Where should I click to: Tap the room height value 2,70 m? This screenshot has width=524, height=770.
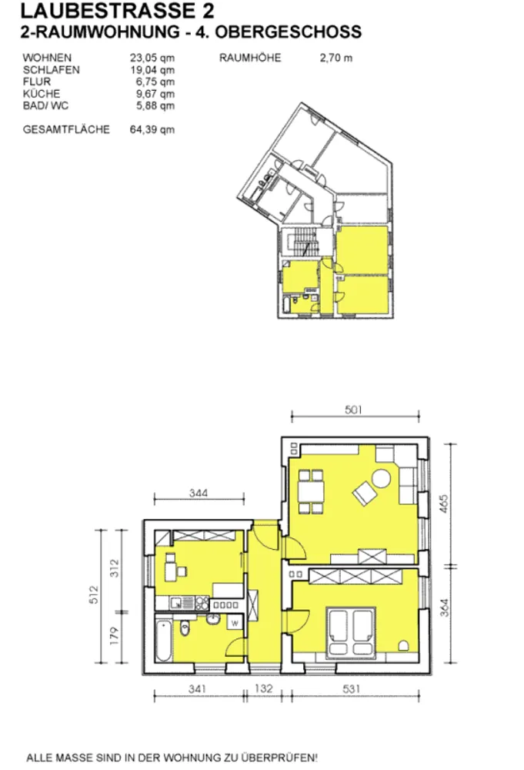(336, 58)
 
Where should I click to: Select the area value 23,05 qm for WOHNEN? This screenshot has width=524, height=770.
(152, 58)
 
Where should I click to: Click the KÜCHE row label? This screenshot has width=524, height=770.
(42, 94)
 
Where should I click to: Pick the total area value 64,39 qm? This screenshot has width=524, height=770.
(152, 129)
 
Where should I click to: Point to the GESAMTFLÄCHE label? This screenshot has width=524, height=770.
(66, 129)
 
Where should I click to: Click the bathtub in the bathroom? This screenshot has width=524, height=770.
(164, 641)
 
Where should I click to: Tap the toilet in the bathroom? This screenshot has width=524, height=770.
(185, 628)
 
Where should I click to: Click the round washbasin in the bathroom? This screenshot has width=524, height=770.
(213, 619)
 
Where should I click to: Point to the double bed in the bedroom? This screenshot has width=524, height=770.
(351, 632)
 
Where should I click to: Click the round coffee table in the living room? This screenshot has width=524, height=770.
(381, 478)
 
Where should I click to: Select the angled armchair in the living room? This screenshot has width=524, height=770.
(365, 493)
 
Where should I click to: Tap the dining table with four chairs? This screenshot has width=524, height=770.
(311, 491)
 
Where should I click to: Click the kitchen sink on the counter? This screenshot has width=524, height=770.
(175, 603)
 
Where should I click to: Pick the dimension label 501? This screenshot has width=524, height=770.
(353, 410)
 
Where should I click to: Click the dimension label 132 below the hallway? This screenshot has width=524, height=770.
(263, 688)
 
